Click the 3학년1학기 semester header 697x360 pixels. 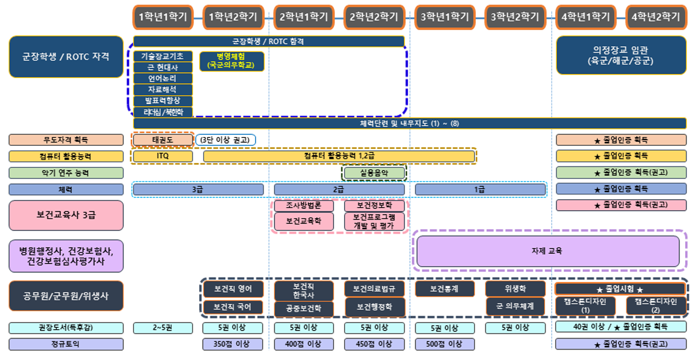click(445, 17)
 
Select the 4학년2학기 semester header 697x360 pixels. click(656, 17)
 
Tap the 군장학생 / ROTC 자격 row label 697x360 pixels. click(66, 57)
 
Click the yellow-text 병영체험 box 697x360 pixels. click(232, 61)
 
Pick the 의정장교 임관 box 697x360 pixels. click(621, 56)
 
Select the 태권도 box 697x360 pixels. click(163, 140)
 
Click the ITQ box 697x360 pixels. click(163, 156)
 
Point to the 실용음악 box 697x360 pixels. click(374, 173)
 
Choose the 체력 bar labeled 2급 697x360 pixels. click(339, 190)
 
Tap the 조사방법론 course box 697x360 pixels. click(304, 206)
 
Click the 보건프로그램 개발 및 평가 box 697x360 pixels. click(374, 222)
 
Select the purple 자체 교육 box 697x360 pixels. click(548, 251)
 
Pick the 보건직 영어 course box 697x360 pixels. click(233, 288)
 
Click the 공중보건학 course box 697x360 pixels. click(304, 309)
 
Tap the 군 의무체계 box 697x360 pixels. click(515, 306)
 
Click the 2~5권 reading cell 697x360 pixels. click(163, 328)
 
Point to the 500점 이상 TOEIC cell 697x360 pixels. click(445, 344)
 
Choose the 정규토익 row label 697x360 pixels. click(66, 344)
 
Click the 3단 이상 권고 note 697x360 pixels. click(226, 140)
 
